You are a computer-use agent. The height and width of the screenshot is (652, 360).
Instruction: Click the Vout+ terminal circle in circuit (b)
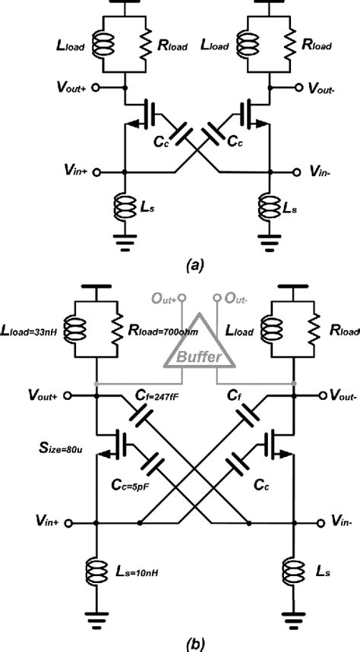click(68, 395)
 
